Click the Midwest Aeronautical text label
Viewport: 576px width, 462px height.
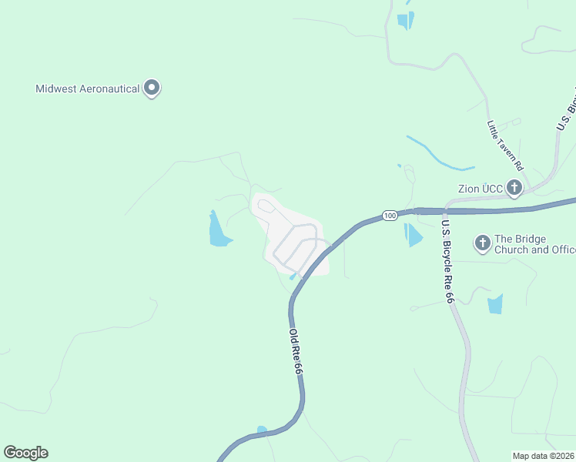click(88, 89)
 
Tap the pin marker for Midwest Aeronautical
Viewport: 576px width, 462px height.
click(152, 88)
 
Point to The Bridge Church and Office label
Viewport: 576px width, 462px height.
click(532, 244)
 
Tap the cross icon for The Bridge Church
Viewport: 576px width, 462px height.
click(483, 244)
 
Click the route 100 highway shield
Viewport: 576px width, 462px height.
click(390, 216)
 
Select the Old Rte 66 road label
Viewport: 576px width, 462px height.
click(295, 352)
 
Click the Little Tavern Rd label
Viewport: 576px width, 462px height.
click(505, 145)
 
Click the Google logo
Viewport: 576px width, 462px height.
click(25, 453)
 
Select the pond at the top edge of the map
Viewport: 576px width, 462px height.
click(405, 21)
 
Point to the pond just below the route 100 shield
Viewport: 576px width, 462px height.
click(413, 235)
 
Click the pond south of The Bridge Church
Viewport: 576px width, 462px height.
click(495, 304)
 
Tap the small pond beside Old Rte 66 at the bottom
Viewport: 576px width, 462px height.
click(262, 430)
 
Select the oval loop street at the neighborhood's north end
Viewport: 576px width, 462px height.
click(266, 206)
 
